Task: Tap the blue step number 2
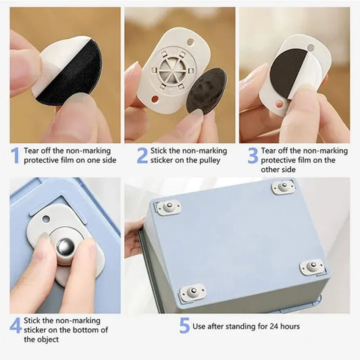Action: [142, 155]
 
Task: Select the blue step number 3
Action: [253, 155]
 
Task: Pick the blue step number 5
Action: [184, 326]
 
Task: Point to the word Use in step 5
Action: [200, 327]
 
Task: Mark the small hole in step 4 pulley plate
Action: [45, 218]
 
